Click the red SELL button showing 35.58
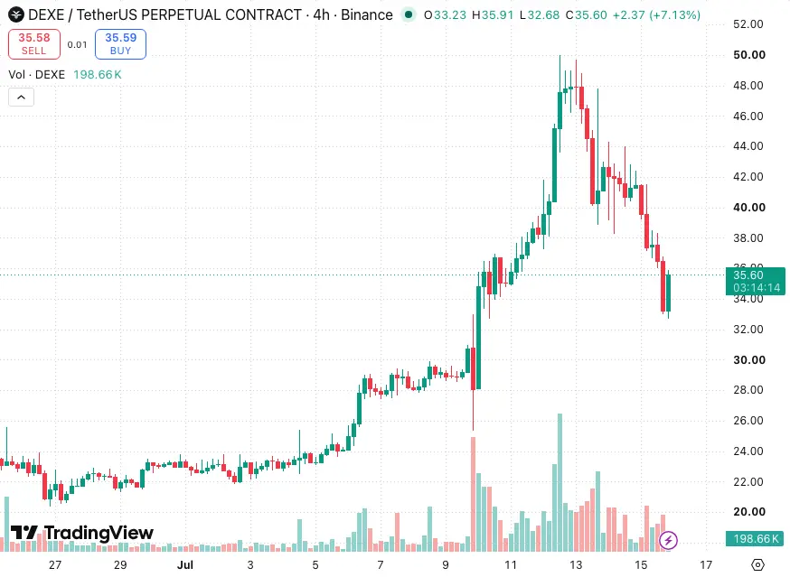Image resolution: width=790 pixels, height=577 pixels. pyautogui.click(x=34, y=44)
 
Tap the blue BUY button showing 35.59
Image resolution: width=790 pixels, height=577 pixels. pyautogui.click(x=120, y=44)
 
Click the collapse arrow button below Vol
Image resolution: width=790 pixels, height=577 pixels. pyautogui.click(x=21, y=98)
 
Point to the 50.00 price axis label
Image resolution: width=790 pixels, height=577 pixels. pyautogui.click(x=749, y=55)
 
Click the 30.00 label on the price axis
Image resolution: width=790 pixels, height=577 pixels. pyautogui.click(x=749, y=360)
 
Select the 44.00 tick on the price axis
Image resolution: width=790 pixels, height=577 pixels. pyautogui.click(x=748, y=146)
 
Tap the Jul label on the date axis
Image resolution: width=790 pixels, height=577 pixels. pyautogui.click(x=185, y=565)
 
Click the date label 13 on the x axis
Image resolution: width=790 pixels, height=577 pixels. pyautogui.click(x=576, y=565)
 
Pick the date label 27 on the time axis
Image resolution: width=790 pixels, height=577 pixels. pyautogui.click(x=55, y=565)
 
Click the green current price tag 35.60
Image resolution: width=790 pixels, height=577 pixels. pyautogui.click(x=756, y=281)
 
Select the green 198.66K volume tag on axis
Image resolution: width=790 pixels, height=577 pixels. pyautogui.click(x=756, y=539)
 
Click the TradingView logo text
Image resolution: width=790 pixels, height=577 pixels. pyautogui.click(x=82, y=533)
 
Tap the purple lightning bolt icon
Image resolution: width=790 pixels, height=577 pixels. pyautogui.click(x=668, y=540)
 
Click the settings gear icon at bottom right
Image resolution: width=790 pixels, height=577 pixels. pyautogui.click(x=757, y=565)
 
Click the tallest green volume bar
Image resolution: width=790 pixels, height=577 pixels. pyautogui.click(x=560, y=482)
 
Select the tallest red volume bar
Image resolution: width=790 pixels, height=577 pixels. pyautogui.click(x=473, y=494)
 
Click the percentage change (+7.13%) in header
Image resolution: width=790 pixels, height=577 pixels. pyautogui.click(x=674, y=15)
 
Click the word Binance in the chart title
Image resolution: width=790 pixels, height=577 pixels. pyautogui.click(x=367, y=14)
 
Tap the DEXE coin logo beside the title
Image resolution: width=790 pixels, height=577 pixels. pyautogui.click(x=16, y=14)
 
